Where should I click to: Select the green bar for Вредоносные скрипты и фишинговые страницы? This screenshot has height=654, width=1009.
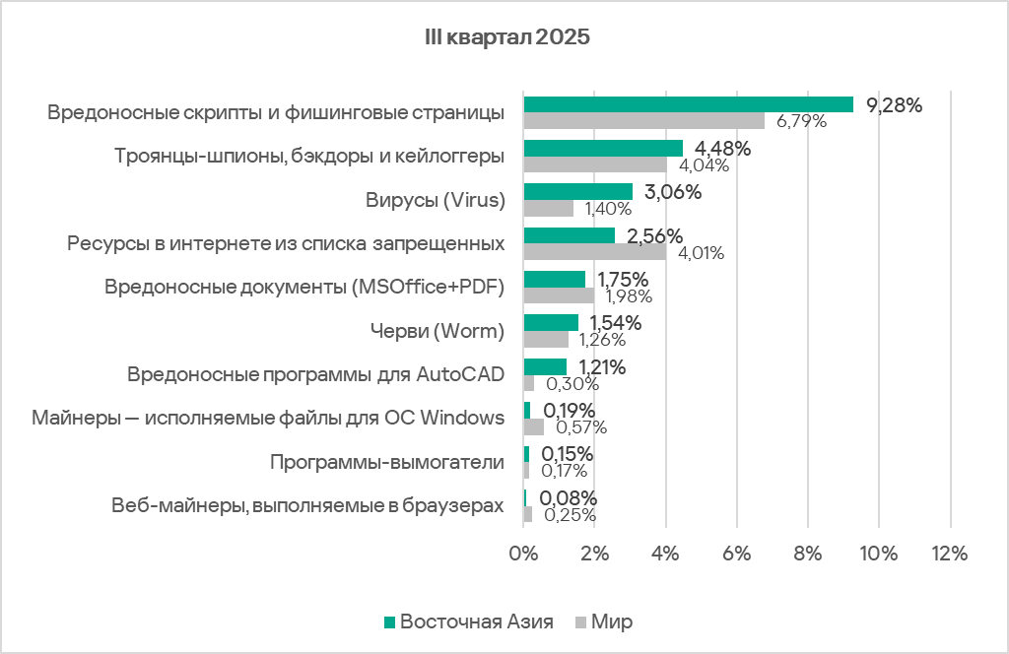[688, 104]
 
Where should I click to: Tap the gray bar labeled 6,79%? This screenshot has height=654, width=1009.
[643, 121]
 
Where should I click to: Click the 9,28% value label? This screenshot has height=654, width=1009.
[894, 105]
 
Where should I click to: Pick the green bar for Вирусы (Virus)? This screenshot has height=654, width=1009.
[577, 192]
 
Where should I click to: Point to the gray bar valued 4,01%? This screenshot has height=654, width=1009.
[594, 252]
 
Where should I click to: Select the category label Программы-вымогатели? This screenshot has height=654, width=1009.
[387, 462]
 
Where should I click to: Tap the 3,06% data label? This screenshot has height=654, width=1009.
[673, 192]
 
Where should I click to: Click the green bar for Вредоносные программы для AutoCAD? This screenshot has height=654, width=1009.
[545, 366]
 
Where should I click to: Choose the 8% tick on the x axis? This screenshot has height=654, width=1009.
[808, 554]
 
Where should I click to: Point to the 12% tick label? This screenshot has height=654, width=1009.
[950, 554]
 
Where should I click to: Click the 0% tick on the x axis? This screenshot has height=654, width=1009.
[523, 554]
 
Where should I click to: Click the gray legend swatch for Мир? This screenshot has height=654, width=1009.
[580, 622]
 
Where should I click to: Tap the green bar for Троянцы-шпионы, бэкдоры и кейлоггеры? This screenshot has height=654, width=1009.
[603, 148]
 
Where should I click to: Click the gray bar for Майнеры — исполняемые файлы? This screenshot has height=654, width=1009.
[534, 427]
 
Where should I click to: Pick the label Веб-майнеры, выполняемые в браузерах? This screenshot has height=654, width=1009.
[308, 506]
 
